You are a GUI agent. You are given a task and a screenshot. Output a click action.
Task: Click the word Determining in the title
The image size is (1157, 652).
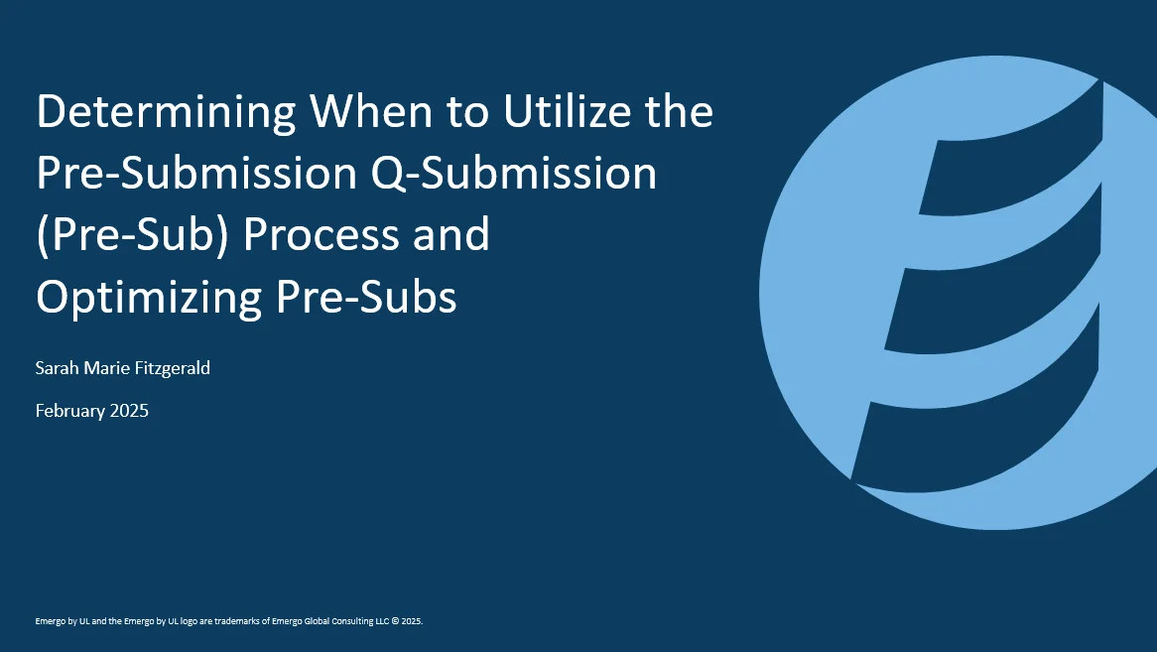(166, 113)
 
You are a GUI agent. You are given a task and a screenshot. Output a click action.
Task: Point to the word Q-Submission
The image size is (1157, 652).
(514, 174)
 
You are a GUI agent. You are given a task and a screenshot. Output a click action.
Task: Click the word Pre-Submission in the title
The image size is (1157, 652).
(197, 173)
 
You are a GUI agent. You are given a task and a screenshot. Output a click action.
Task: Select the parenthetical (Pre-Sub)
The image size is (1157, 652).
(133, 235)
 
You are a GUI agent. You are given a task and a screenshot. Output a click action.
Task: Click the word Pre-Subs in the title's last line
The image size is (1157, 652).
(366, 297)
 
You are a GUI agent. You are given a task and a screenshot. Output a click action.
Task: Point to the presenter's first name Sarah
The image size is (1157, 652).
(57, 367)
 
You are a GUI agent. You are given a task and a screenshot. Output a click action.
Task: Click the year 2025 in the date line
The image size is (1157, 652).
(129, 410)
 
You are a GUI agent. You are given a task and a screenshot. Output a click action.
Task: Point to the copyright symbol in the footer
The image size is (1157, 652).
(396, 621)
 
